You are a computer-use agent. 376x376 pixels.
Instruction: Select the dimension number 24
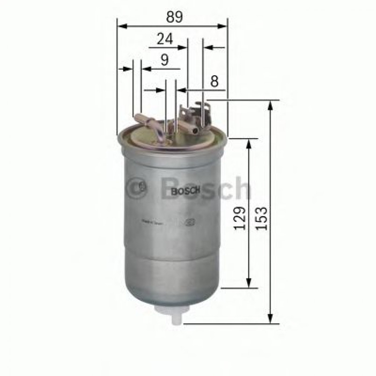[164, 39]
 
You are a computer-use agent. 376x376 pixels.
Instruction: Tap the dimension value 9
[164, 59]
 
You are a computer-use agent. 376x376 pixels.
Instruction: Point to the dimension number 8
[214, 81]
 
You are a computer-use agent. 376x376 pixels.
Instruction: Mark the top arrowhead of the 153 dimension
[270, 105]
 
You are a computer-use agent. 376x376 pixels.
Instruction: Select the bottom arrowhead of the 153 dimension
[270, 318]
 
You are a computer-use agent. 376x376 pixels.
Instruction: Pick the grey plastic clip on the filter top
[198, 113]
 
